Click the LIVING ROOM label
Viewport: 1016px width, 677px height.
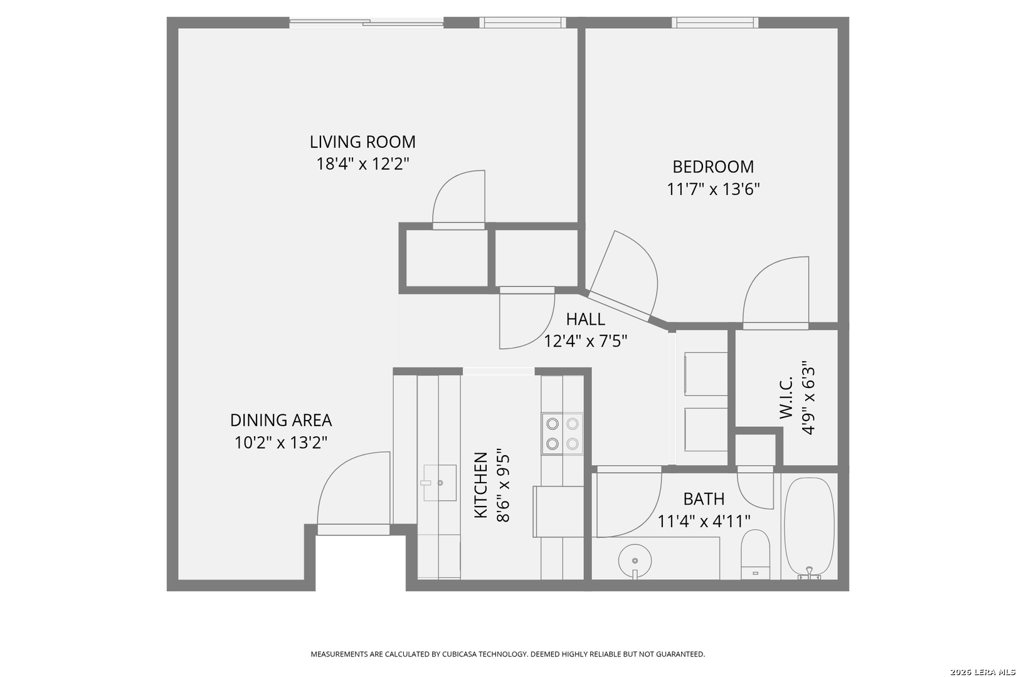click(362, 142)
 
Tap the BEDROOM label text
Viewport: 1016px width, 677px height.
click(713, 167)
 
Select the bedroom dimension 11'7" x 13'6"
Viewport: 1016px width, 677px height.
click(713, 189)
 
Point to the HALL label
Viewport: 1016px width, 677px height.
click(585, 319)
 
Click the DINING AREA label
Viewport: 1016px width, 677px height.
click(281, 421)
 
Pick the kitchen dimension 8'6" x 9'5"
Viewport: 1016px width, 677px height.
click(504, 485)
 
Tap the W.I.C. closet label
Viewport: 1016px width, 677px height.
click(786, 397)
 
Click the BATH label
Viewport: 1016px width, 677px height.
click(704, 499)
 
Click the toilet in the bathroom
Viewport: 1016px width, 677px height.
click(755, 555)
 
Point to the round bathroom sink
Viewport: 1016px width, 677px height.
click(635, 562)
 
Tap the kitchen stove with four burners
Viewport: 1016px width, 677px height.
click(563, 434)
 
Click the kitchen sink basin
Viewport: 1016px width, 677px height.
click(440, 483)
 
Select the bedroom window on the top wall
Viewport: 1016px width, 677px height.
click(715, 22)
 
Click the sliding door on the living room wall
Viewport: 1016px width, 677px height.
click(366, 23)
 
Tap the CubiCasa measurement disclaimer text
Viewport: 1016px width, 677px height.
click(507, 654)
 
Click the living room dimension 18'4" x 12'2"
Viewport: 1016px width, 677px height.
click(362, 164)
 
